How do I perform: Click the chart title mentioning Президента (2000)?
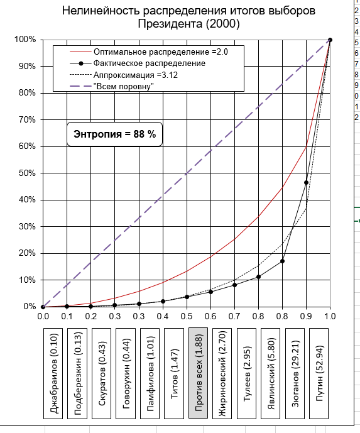[188, 17]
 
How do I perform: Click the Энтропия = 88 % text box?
[114, 134]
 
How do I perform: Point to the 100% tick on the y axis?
[25, 40]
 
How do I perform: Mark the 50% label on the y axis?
[27, 173]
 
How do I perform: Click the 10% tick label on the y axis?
[27, 280]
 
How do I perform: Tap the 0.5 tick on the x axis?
[187, 316]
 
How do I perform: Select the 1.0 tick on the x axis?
[330, 316]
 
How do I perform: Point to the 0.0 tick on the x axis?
[43, 316]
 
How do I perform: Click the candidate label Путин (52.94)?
[319, 373]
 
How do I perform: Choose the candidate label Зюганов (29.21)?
[295, 373]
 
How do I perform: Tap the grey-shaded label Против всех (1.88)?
[199, 373]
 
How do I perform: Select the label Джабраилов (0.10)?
[53, 373]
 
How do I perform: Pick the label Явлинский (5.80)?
[271, 373]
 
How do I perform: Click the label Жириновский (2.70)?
[222, 373]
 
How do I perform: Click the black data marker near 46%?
[306, 182]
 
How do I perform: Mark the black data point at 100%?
[330, 40]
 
